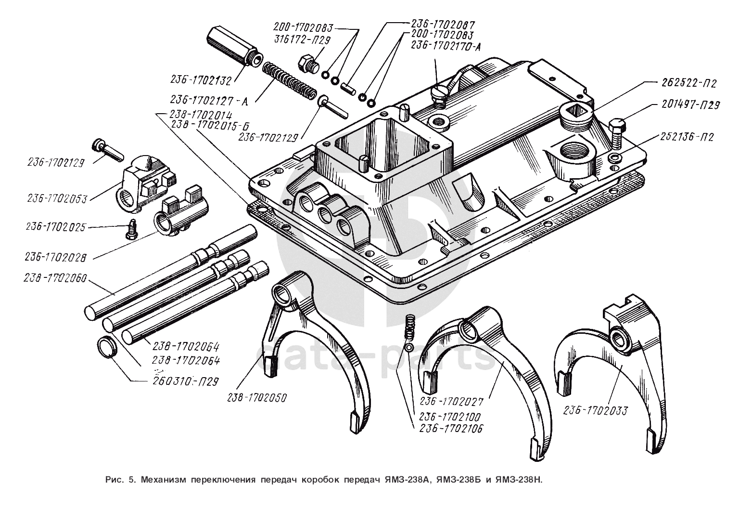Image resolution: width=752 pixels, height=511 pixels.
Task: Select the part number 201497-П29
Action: (x=691, y=105)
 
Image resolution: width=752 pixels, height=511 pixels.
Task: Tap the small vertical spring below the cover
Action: (x=409, y=326)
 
